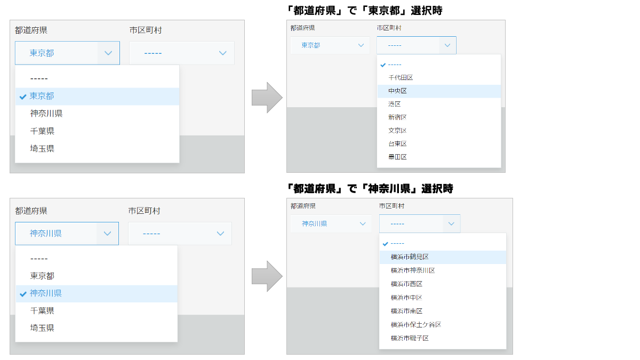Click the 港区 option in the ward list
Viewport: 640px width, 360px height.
pos(394,104)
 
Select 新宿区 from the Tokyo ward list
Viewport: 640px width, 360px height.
pos(397,117)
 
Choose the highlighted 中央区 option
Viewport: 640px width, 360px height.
pos(397,91)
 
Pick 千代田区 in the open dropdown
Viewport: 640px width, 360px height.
pos(401,78)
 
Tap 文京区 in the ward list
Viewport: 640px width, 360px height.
pos(397,131)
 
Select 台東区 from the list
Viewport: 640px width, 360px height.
pos(397,143)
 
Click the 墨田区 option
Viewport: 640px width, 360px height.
pos(397,157)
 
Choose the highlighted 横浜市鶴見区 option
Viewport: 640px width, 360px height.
pos(410,257)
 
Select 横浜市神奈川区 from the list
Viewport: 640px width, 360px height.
pos(413,270)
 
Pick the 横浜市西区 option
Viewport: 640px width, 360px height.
pos(406,284)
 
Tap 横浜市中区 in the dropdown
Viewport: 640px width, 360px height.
pos(406,298)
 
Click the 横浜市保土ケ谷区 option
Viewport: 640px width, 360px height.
pos(416,325)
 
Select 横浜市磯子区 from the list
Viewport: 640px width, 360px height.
pos(410,338)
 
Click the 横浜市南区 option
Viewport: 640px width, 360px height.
pos(406,311)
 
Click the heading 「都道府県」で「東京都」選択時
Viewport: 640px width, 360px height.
pos(364,11)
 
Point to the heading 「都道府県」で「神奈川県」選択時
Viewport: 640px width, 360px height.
pos(370,189)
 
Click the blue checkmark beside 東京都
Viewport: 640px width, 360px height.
pos(23,97)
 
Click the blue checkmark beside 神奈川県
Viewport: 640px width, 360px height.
pos(23,294)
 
